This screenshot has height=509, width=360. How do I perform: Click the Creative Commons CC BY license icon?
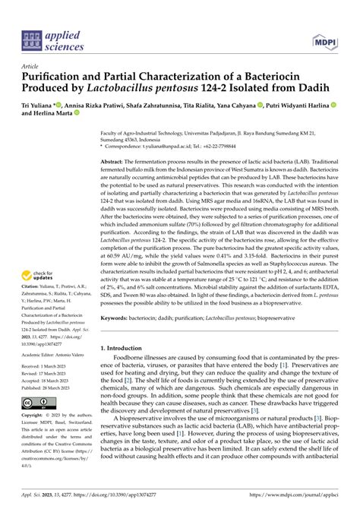(37, 444)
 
